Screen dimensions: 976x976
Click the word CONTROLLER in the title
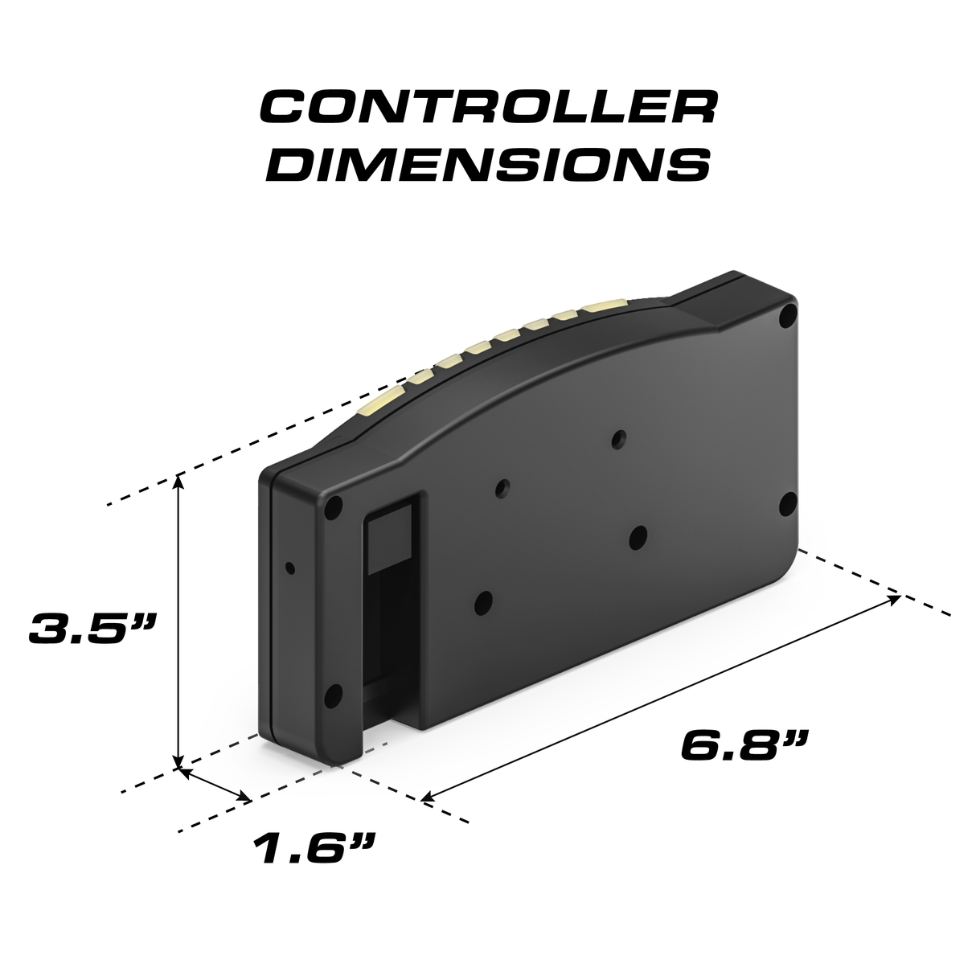click(488, 107)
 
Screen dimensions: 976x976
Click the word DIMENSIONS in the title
click(488, 163)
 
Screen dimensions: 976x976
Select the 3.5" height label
click(91, 628)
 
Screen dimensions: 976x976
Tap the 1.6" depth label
click(314, 847)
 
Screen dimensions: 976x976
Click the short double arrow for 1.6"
click(215, 784)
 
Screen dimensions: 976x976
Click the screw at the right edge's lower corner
click(788, 504)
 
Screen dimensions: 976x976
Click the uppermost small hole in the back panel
click(618, 438)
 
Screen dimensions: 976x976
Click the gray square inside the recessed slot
click(389, 538)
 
